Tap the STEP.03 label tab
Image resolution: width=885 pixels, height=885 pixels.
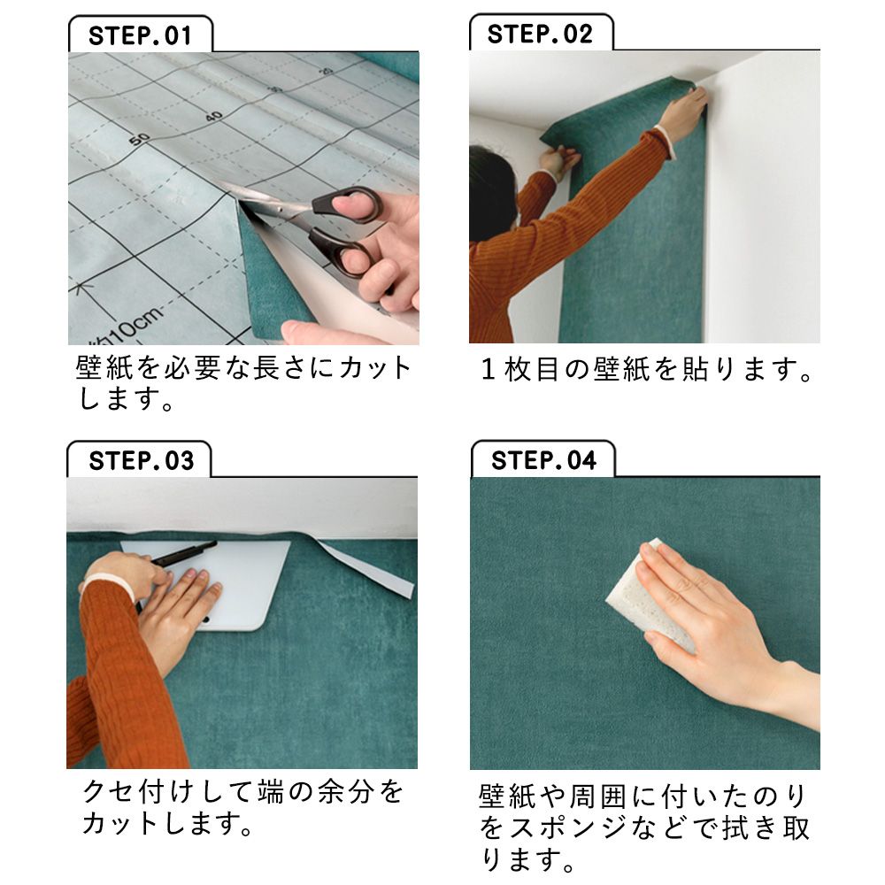pyautogui.click(x=141, y=461)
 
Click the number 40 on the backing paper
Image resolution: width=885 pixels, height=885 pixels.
pyautogui.click(x=214, y=115)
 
